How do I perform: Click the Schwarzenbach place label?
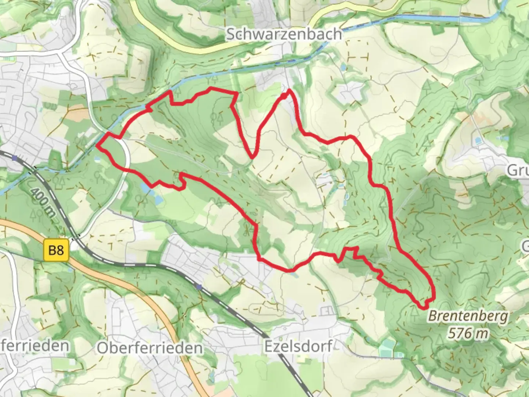(284, 34)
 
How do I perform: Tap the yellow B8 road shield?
(56, 251)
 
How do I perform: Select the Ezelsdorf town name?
(298, 346)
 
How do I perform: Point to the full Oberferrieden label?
(150, 347)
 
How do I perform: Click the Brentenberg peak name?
(468, 316)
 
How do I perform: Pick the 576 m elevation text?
(468, 333)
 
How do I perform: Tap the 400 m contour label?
(43, 206)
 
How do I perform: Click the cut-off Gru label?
(517, 170)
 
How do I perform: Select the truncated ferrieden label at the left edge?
(35, 346)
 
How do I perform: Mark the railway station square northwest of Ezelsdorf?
(199, 287)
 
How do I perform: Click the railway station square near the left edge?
(14, 158)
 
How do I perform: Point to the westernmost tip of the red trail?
(97, 146)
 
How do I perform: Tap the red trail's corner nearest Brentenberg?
(427, 304)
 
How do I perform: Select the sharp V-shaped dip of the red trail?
(252, 158)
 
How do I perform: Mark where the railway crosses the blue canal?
(35, 169)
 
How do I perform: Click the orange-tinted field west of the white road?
(77, 115)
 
